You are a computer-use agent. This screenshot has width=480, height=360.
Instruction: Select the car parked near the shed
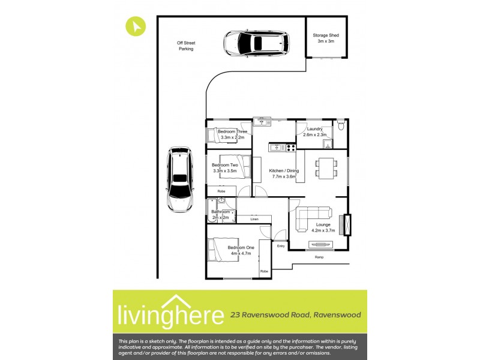(256, 43)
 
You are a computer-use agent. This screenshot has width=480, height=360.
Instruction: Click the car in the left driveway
(180, 179)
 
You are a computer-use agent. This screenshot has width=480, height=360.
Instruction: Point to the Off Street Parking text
(186, 46)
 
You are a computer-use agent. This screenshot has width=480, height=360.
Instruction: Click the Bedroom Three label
(232, 131)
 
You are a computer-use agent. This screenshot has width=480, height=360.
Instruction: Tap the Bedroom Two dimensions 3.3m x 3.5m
(225, 171)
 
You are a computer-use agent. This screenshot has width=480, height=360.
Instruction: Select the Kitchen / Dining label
(285, 170)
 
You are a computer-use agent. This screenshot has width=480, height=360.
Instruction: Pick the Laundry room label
(315, 129)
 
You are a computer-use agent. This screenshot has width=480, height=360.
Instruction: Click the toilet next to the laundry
(340, 125)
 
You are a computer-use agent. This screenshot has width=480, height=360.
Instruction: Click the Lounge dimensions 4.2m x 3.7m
(323, 230)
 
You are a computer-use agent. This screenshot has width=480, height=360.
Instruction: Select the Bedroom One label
(241, 247)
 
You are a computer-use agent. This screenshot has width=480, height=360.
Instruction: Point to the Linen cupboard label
(254, 220)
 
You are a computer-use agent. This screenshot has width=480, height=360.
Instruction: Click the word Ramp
(319, 257)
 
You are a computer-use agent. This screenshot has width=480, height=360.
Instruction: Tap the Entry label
(280, 246)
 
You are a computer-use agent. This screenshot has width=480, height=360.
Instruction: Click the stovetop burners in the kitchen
(290, 146)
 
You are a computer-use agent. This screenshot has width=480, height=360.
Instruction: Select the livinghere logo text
(169, 314)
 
